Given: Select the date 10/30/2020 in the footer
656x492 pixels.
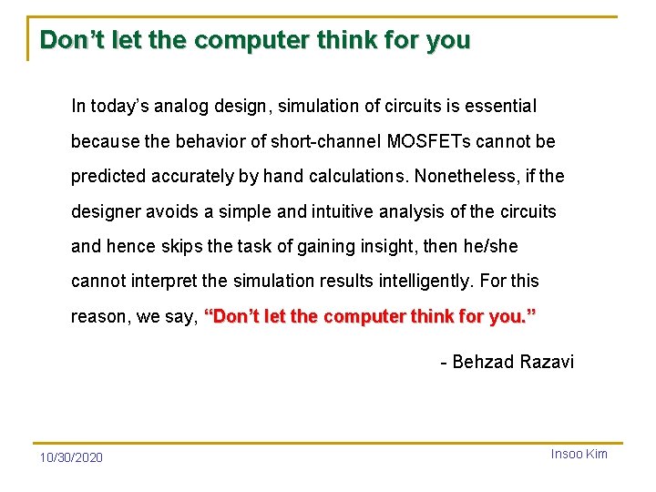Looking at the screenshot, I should (71, 456).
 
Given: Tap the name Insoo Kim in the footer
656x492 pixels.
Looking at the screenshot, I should (579, 454).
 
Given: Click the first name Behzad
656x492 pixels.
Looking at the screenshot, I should (483, 362).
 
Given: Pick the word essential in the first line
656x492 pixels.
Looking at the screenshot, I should (500, 107).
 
